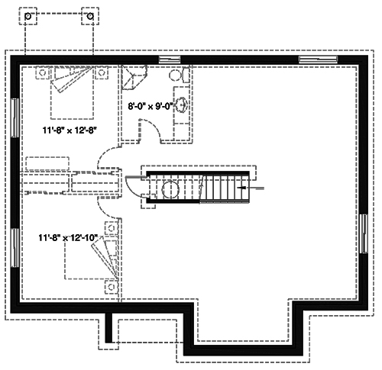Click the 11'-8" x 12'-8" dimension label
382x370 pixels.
70,130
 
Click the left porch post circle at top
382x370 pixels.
28,14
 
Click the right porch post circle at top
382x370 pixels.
90,14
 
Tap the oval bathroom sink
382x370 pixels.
184,106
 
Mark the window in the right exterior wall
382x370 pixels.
363,236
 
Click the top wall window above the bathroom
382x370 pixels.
169,60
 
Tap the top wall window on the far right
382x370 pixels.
313,60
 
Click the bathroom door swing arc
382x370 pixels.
150,131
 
